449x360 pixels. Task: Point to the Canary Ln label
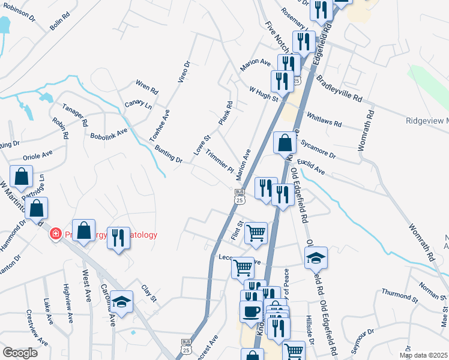(x=138, y=106)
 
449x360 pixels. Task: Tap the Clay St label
(x=149, y=293)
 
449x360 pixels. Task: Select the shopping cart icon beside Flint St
(x=256, y=232)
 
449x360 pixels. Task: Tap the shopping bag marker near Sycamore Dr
(x=285, y=143)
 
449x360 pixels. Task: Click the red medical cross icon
(x=55, y=233)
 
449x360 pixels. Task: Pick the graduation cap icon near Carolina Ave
(x=122, y=303)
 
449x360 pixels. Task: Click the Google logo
(x=20, y=353)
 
